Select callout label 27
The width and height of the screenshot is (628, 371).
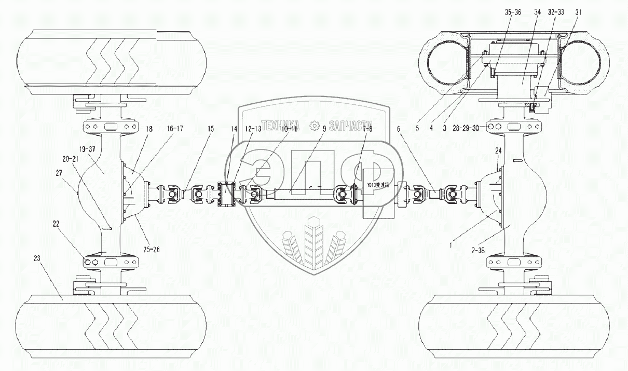pos(66,174)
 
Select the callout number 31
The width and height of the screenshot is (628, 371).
pos(578,11)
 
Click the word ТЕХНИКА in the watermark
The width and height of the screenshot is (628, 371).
pos(283,125)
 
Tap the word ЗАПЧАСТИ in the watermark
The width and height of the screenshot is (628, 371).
pos(348,125)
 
